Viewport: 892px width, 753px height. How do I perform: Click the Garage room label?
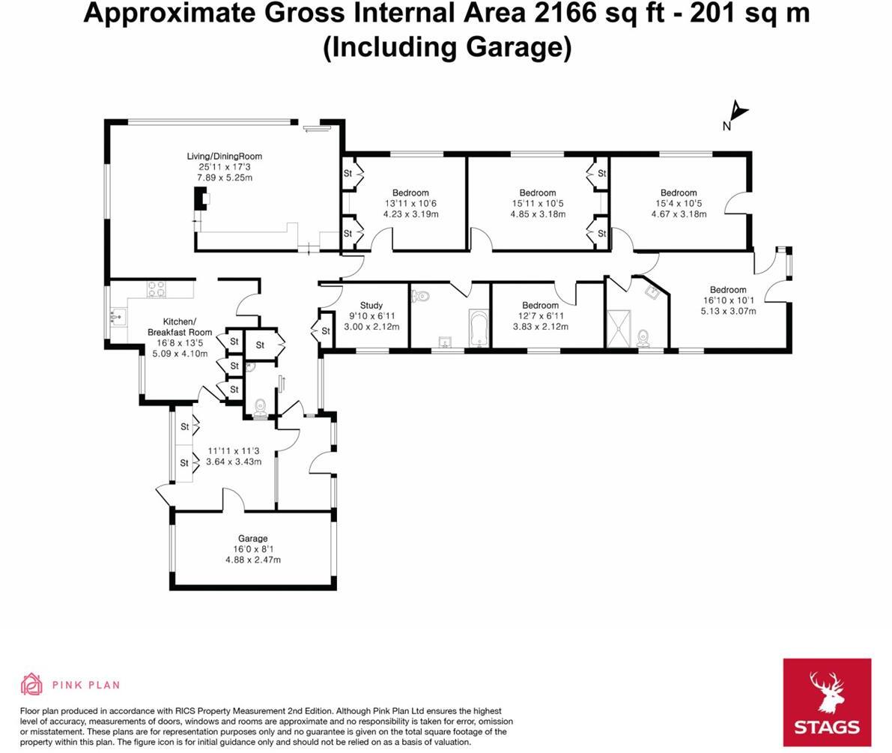click(252, 539)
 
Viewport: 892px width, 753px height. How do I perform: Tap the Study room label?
click(371, 306)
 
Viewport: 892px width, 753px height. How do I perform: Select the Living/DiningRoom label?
click(224, 157)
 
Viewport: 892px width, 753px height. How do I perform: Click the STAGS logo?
click(827, 702)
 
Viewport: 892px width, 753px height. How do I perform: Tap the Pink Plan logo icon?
click(31, 684)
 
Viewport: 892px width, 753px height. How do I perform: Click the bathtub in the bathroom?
click(478, 328)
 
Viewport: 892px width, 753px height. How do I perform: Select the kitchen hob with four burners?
click(157, 288)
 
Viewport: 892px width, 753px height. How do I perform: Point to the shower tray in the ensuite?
click(619, 329)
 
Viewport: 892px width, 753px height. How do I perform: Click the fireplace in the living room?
click(201, 199)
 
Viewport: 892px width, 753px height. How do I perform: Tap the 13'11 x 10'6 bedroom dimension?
click(410, 204)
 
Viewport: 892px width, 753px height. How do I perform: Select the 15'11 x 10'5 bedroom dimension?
click(537, 204)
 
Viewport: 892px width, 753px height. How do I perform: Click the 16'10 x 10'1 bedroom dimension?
click(728, 300)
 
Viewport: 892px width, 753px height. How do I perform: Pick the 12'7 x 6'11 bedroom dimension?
click(540, 316)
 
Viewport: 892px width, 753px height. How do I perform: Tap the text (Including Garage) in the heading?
click(447, 46)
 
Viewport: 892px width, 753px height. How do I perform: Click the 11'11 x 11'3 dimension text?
click(233, 451)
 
